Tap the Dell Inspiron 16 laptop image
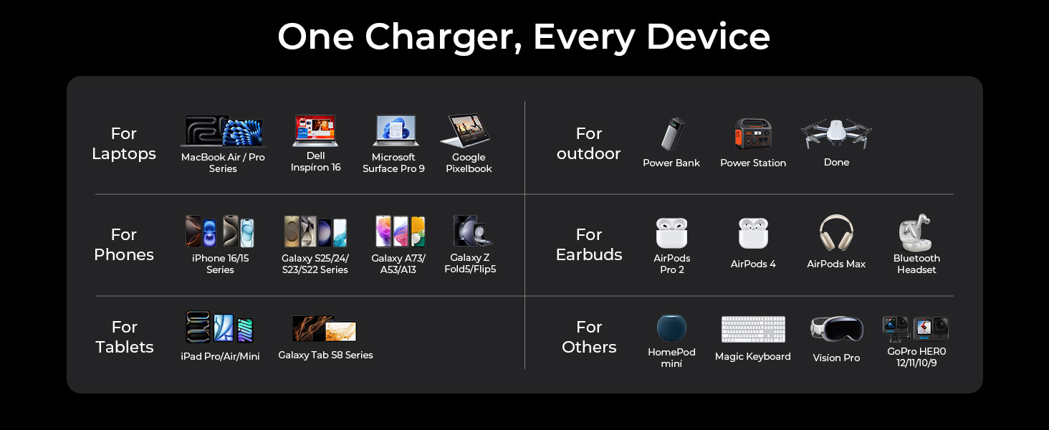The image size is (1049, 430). (x=315, y=131)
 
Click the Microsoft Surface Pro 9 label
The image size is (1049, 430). (x=393, y=163)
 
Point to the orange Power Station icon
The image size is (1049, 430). (x=752, y=134)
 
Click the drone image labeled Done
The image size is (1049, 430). (x=835, y=133)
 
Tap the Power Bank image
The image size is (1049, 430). (x=672, y=134)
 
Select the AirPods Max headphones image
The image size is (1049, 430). (x=835, y=233)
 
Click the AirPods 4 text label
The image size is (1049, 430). (x=752, y=264)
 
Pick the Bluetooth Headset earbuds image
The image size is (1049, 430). (x=915, y=233)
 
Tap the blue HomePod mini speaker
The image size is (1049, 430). (x=671, y=328)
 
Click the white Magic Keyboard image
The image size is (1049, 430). (x=752, y=330)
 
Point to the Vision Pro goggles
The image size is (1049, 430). (x=835, y=329)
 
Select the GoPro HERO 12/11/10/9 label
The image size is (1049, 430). (x=916, y=357)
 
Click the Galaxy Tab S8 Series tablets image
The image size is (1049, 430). (x=325, y=329)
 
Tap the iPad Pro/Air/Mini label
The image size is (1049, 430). (x=220, y=356)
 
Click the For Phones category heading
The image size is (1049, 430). (x=124, y=244)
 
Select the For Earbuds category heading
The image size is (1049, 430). (x=589, y=244)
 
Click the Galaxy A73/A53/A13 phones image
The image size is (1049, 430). (x=399, y=231)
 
